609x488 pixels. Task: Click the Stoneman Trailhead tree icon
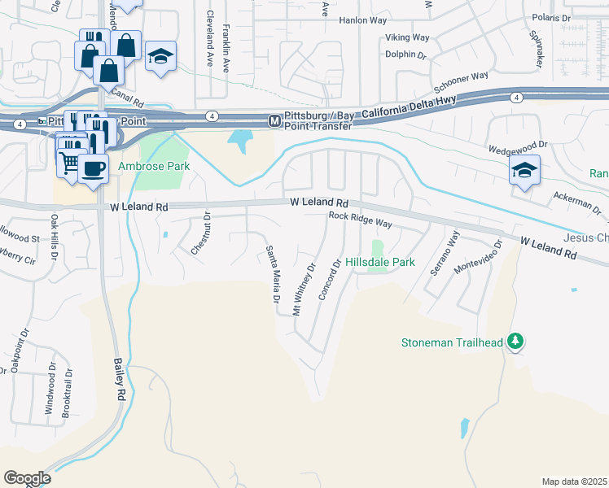pyautogui.click(x=514, y=341)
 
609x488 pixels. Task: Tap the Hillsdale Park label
pyautogui.click(x=380, y=263)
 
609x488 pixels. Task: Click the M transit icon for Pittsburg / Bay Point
pyautogui.click(x=275, y=120)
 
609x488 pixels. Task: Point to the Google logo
pyautogui.click(x=27, y=478)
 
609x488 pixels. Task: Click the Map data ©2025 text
pyautogui.click(x=573, y=481)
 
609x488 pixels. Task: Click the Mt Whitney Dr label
pyautogui.click(x=304, y=290)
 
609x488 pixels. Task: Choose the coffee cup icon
pyautogui.click(x=94, y=168)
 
